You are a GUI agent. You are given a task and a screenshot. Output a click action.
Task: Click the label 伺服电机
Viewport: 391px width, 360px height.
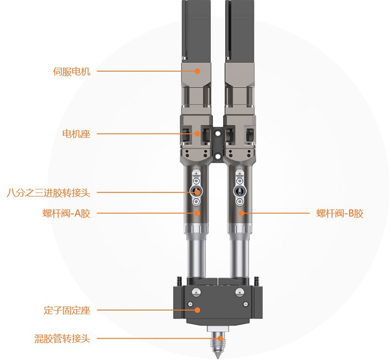(x=71, y=71)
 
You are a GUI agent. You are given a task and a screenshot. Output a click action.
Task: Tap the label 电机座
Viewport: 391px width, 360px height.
(x=76, y=134)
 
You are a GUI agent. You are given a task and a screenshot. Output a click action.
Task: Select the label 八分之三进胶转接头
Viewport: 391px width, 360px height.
(x=48, y=193)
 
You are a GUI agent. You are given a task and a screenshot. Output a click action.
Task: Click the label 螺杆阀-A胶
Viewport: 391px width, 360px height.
(x=66, y=213)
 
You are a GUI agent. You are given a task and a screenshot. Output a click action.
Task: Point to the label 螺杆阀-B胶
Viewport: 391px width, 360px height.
(x=340, y=213)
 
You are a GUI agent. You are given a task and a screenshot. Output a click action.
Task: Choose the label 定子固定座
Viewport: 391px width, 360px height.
(x=67, y=310)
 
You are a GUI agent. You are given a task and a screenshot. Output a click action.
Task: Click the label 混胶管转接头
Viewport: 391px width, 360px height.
(x=62, y=339)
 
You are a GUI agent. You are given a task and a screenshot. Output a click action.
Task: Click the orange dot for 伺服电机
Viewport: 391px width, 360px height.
(x=197, y=71)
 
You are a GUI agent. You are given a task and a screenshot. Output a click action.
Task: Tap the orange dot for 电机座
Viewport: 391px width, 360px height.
(x=197, y=134)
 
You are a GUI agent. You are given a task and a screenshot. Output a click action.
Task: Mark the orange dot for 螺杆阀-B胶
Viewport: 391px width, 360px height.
(x=241, y=213)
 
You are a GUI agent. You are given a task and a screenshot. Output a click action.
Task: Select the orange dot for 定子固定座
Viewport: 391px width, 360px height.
(x=197, y=310)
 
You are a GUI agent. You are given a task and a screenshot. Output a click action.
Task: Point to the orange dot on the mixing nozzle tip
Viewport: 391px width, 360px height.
(x=219, y=339)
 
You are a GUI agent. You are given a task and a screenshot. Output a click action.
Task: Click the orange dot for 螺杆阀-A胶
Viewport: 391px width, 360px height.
(x=197, y=213)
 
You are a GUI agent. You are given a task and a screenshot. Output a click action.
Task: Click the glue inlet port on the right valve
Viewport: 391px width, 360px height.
(x=240, y=192)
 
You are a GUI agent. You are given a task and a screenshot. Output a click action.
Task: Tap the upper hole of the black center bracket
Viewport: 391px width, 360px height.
(x=218, y=134)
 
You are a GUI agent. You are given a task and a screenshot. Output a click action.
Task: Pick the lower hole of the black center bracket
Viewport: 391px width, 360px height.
(x=218, y=157)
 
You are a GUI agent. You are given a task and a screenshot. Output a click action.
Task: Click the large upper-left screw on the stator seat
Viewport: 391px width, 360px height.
(x=196, y=292)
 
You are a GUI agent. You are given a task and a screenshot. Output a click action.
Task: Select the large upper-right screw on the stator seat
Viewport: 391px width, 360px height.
(x=239, y=292)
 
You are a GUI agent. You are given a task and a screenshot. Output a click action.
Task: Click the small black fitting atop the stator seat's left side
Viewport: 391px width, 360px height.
(x=178, y=281)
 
